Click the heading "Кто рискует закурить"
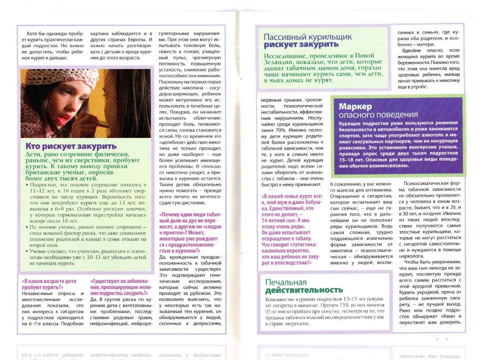click(70, 146)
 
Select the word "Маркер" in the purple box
click(355, 106)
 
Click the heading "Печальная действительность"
click(304, 286)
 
